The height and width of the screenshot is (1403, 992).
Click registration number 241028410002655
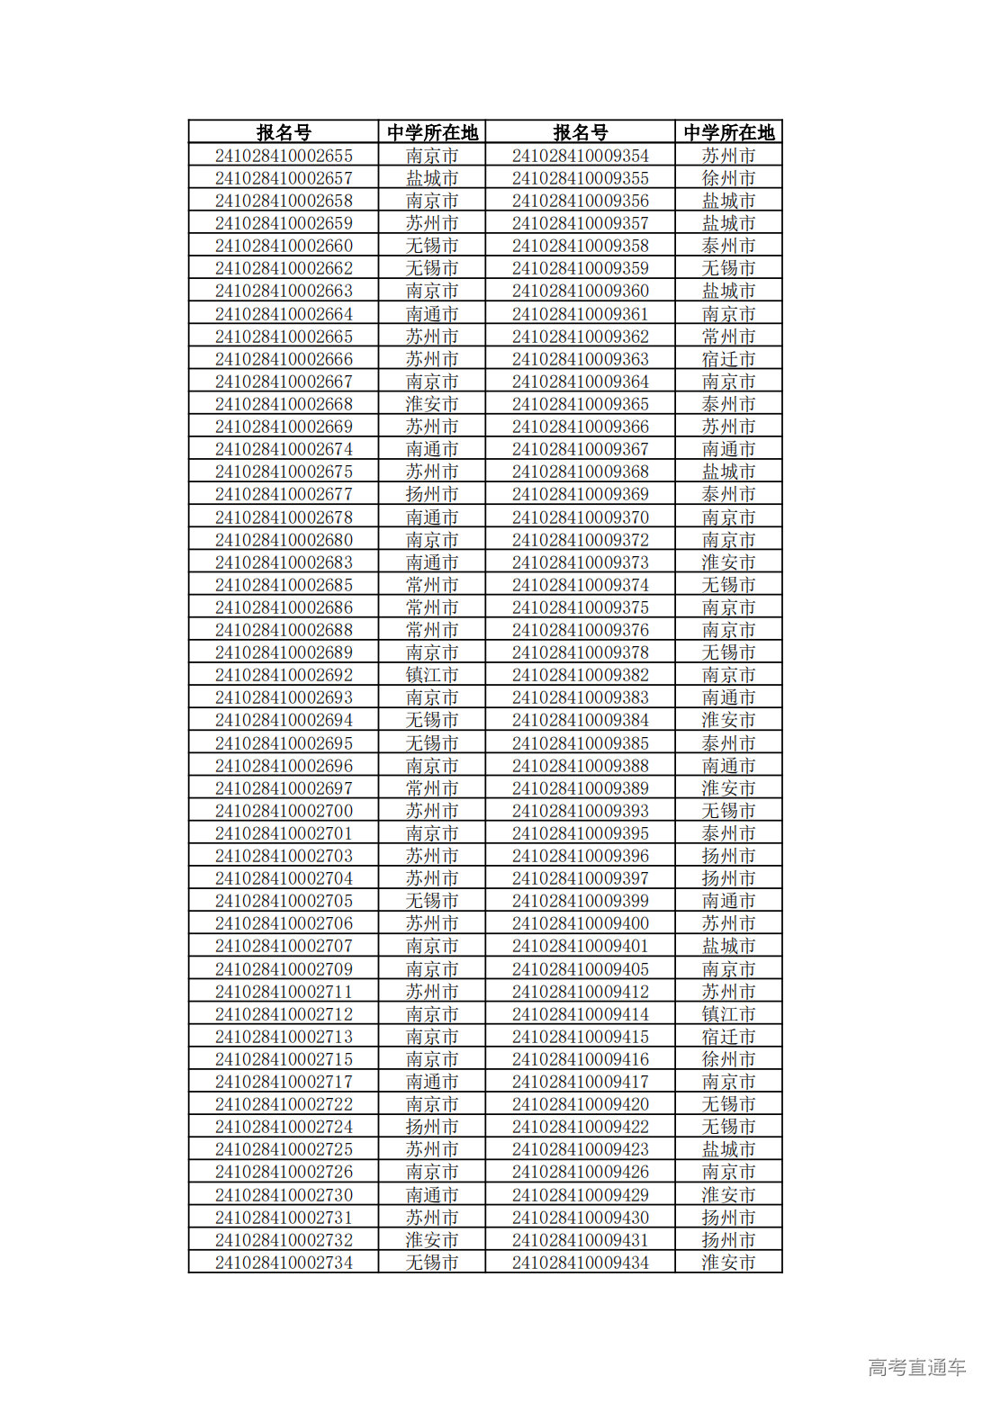284,156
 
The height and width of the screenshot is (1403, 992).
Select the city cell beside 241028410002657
432,178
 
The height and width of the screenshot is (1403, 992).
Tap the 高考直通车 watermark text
916,1367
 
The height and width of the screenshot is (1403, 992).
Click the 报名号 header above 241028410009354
581,132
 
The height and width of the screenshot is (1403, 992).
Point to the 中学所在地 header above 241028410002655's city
432,132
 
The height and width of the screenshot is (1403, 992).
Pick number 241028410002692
284,675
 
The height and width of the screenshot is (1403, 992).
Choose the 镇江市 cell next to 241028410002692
432,675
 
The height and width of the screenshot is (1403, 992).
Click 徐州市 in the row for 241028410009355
728,178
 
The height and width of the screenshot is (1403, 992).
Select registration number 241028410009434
581,1263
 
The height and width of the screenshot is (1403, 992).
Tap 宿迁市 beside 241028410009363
728,359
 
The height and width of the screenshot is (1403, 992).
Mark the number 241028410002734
284,1263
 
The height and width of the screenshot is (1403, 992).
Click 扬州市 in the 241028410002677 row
432,494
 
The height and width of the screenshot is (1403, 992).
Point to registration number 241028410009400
581,923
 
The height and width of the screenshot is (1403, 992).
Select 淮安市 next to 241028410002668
432,404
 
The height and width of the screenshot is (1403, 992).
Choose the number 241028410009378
581,652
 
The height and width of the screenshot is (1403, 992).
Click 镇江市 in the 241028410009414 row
728,1014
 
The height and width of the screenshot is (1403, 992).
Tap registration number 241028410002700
284,811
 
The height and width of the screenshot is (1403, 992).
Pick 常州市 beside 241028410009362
728,337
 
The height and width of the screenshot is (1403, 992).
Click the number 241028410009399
581,901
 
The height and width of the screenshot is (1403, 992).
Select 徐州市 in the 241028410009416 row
728,1059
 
